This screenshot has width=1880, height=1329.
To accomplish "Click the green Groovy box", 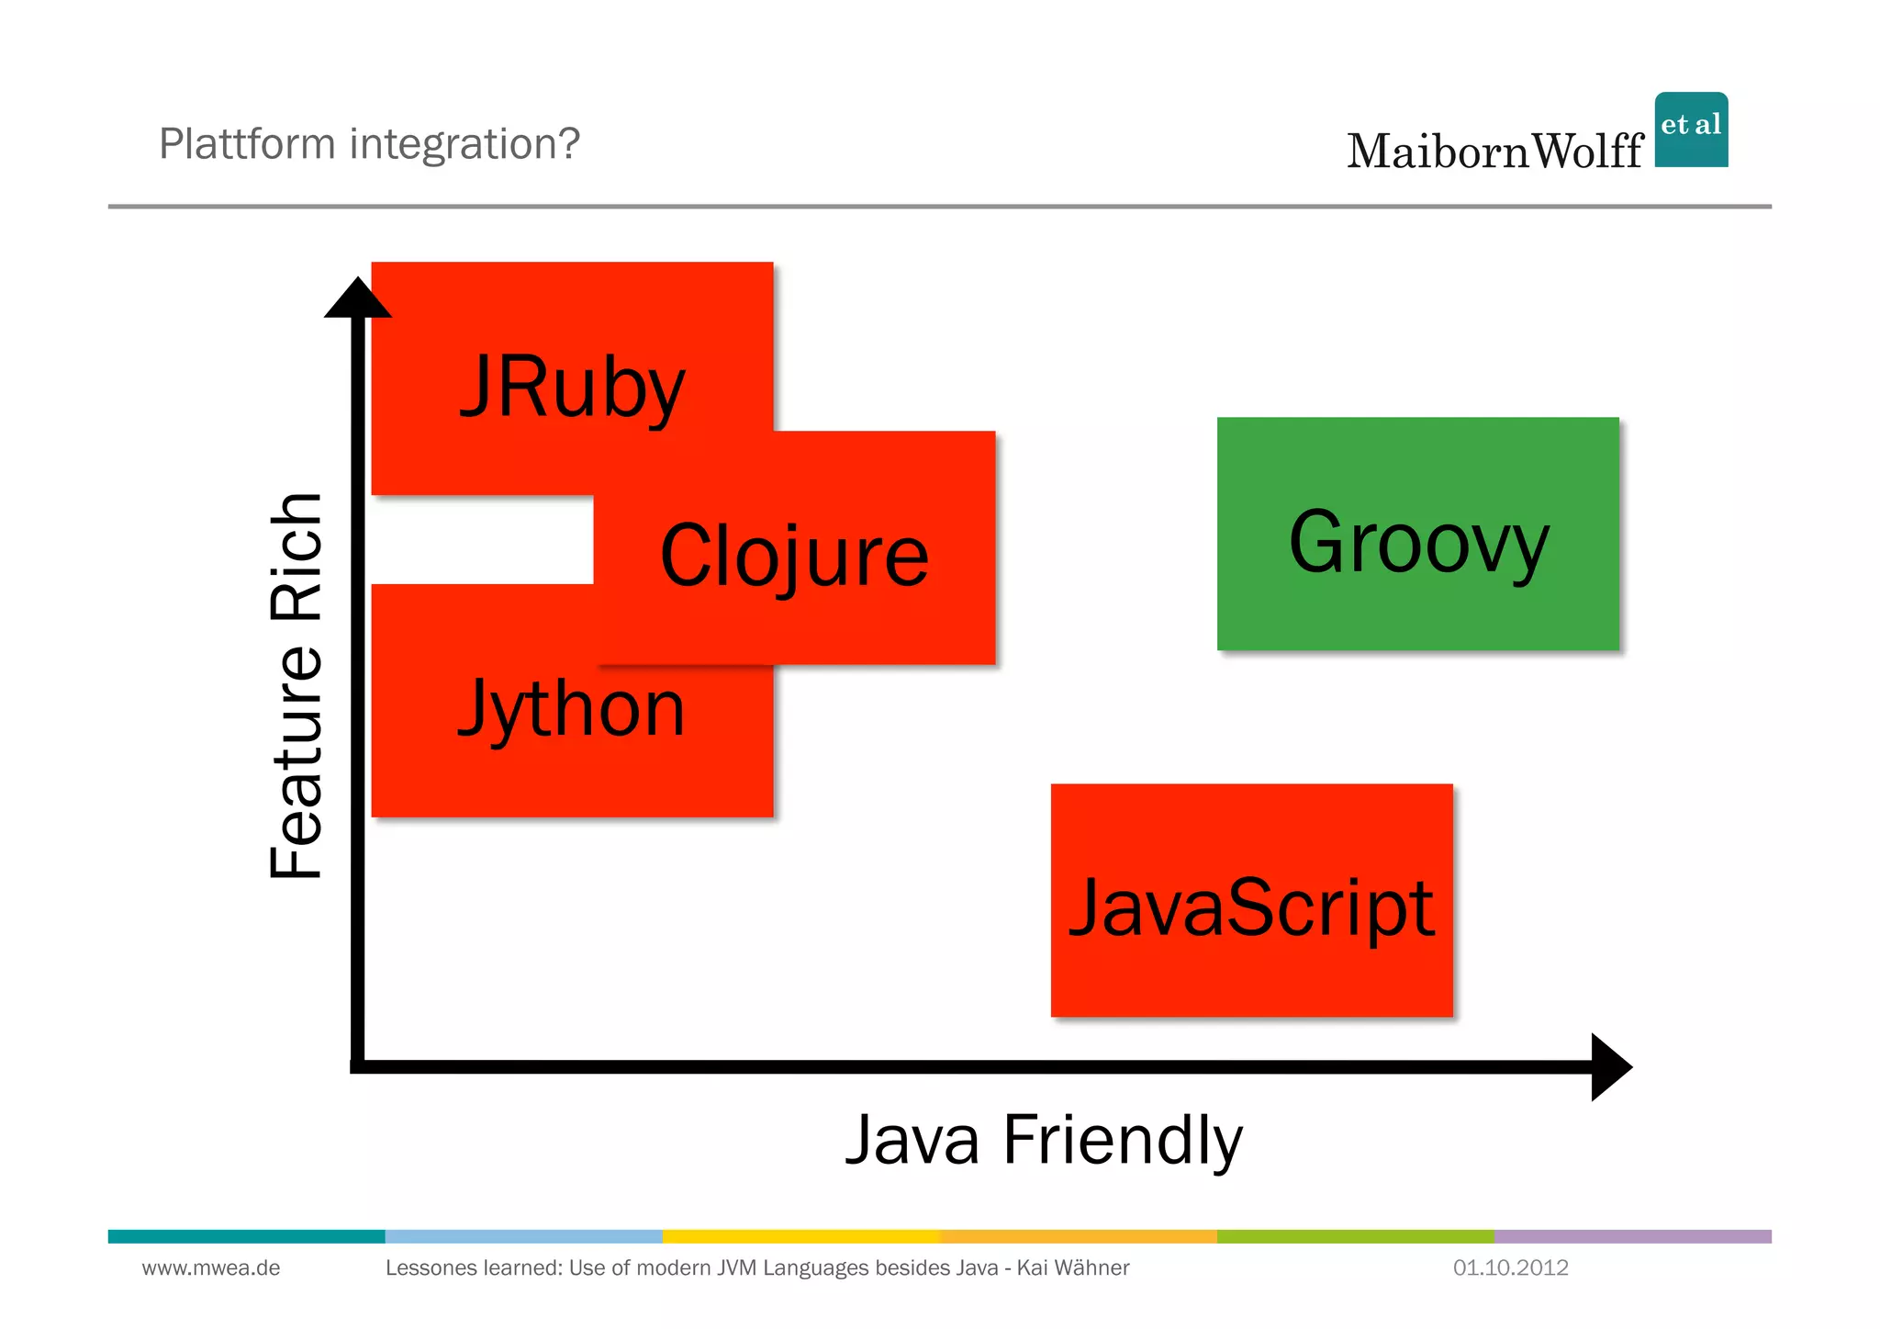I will coord(1417,535).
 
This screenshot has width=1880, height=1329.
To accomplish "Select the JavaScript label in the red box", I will coord(1251,907).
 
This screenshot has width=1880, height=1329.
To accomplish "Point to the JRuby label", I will coord(572,388).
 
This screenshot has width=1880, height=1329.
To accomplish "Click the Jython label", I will coord(572,708).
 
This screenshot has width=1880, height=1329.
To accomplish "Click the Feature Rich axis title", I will coord(297,685).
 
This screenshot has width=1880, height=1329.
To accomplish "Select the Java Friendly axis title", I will coord(1044,1140).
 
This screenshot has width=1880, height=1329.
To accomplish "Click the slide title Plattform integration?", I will coord(369,144).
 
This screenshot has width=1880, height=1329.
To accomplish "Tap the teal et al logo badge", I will coord(1691,130).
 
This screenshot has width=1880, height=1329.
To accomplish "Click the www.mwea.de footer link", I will coord(211,1268).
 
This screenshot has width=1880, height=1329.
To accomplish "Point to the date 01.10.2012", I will coord(1510,1268).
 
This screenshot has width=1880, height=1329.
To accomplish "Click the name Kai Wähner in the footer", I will coord(1073,1268).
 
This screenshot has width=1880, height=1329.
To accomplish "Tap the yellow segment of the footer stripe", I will coord(800,1236).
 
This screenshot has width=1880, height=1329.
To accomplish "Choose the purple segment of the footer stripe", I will coord(1632,1236).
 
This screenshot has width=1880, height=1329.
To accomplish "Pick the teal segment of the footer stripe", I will coord(246,1236).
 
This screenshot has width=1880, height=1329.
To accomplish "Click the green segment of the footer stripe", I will coord(1355,1236).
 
